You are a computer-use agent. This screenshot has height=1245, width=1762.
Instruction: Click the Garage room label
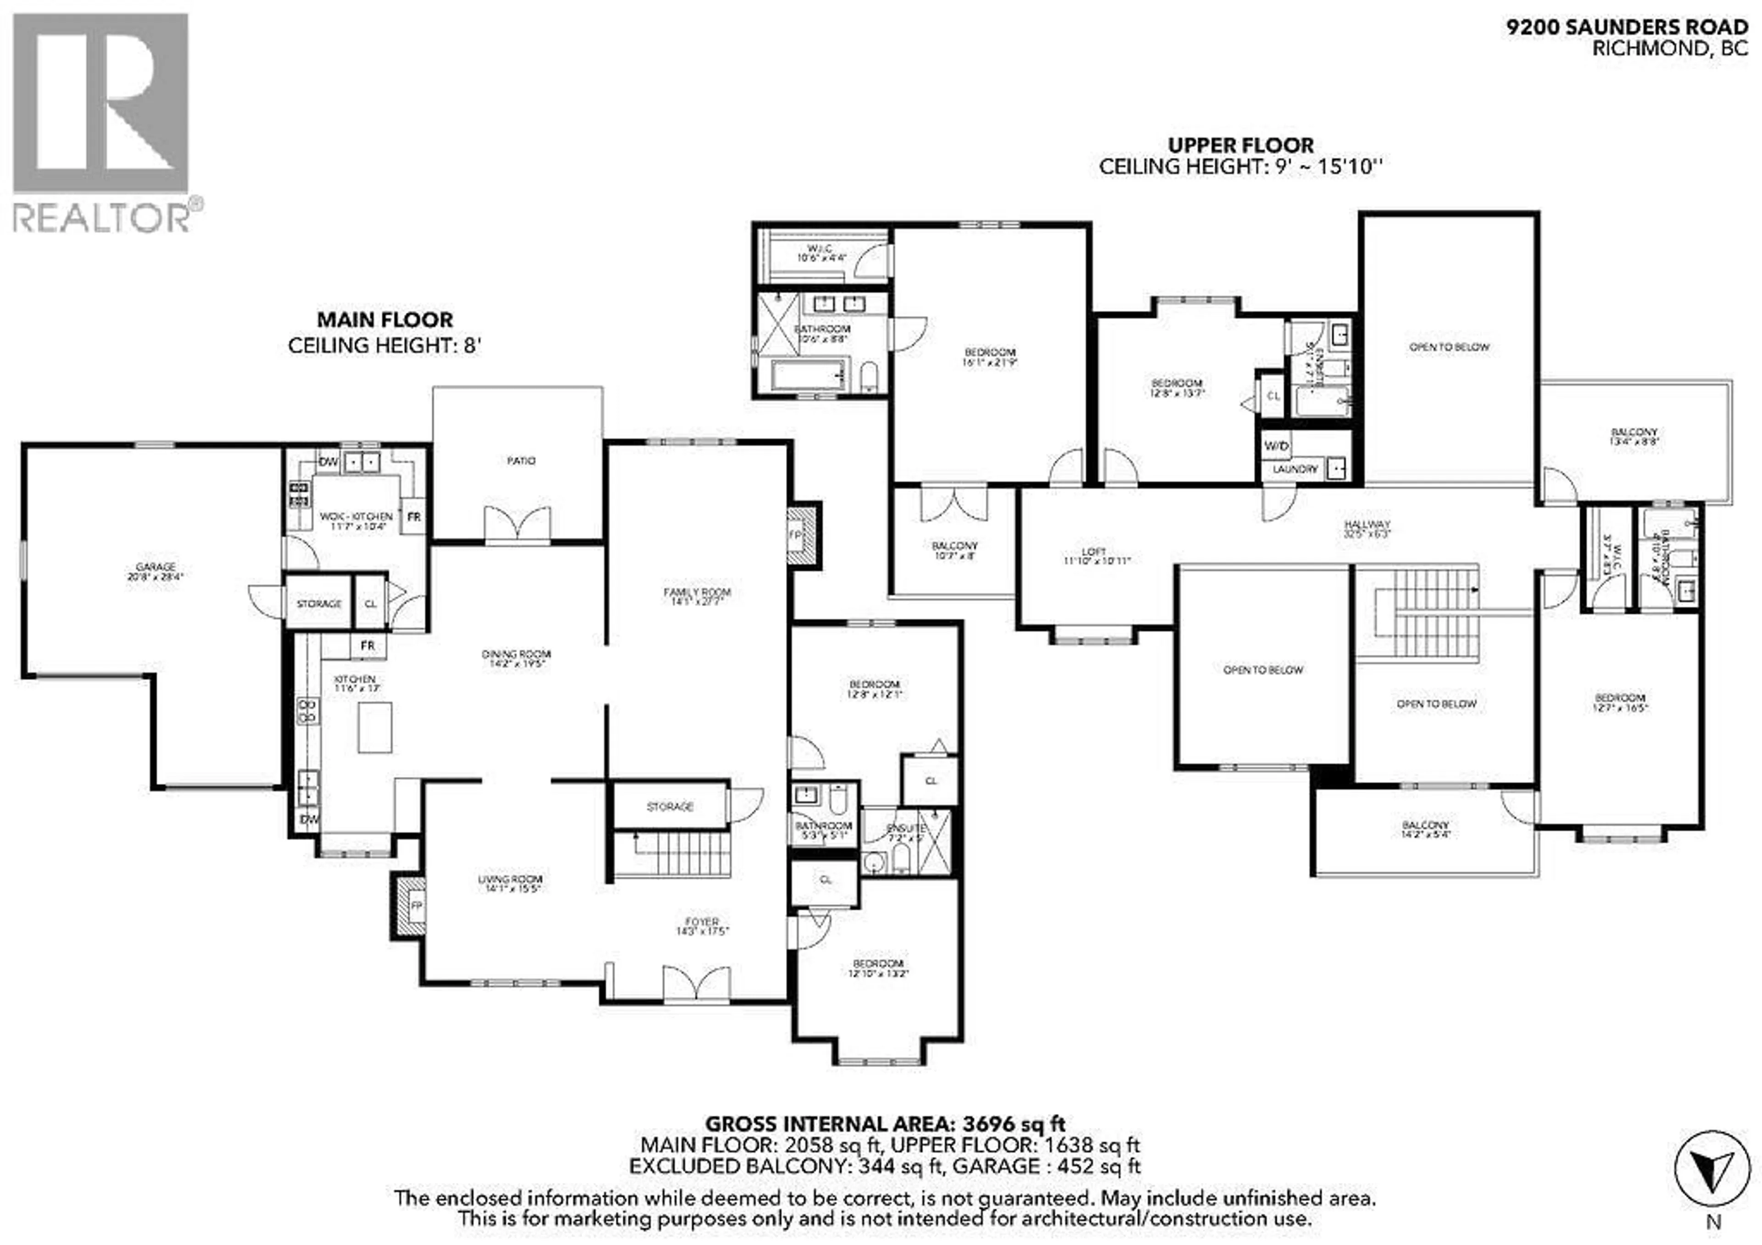156,571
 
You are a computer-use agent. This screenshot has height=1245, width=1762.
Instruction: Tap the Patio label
521,460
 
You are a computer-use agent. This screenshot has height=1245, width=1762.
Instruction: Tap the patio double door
517,525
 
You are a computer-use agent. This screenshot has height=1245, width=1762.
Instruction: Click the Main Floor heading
385,319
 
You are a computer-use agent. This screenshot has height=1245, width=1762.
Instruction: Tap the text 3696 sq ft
1014,1124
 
